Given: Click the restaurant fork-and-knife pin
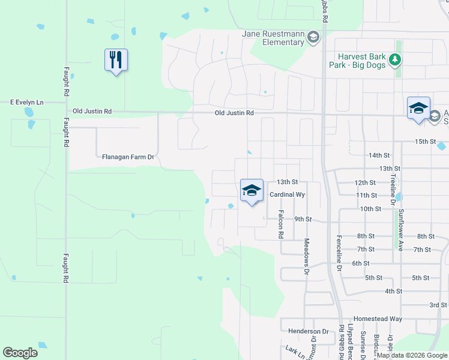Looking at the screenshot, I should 116,60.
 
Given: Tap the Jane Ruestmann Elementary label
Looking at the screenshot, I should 273,38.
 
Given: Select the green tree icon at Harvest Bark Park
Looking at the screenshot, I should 395,59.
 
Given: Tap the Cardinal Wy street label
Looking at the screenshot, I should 288,194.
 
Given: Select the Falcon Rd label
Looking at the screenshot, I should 280,223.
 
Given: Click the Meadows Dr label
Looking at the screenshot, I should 306,257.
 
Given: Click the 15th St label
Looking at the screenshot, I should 424,141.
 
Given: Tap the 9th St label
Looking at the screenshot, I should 303,219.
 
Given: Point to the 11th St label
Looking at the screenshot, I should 366,195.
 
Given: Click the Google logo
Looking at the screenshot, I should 20,353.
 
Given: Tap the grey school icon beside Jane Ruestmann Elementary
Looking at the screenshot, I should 313,38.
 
